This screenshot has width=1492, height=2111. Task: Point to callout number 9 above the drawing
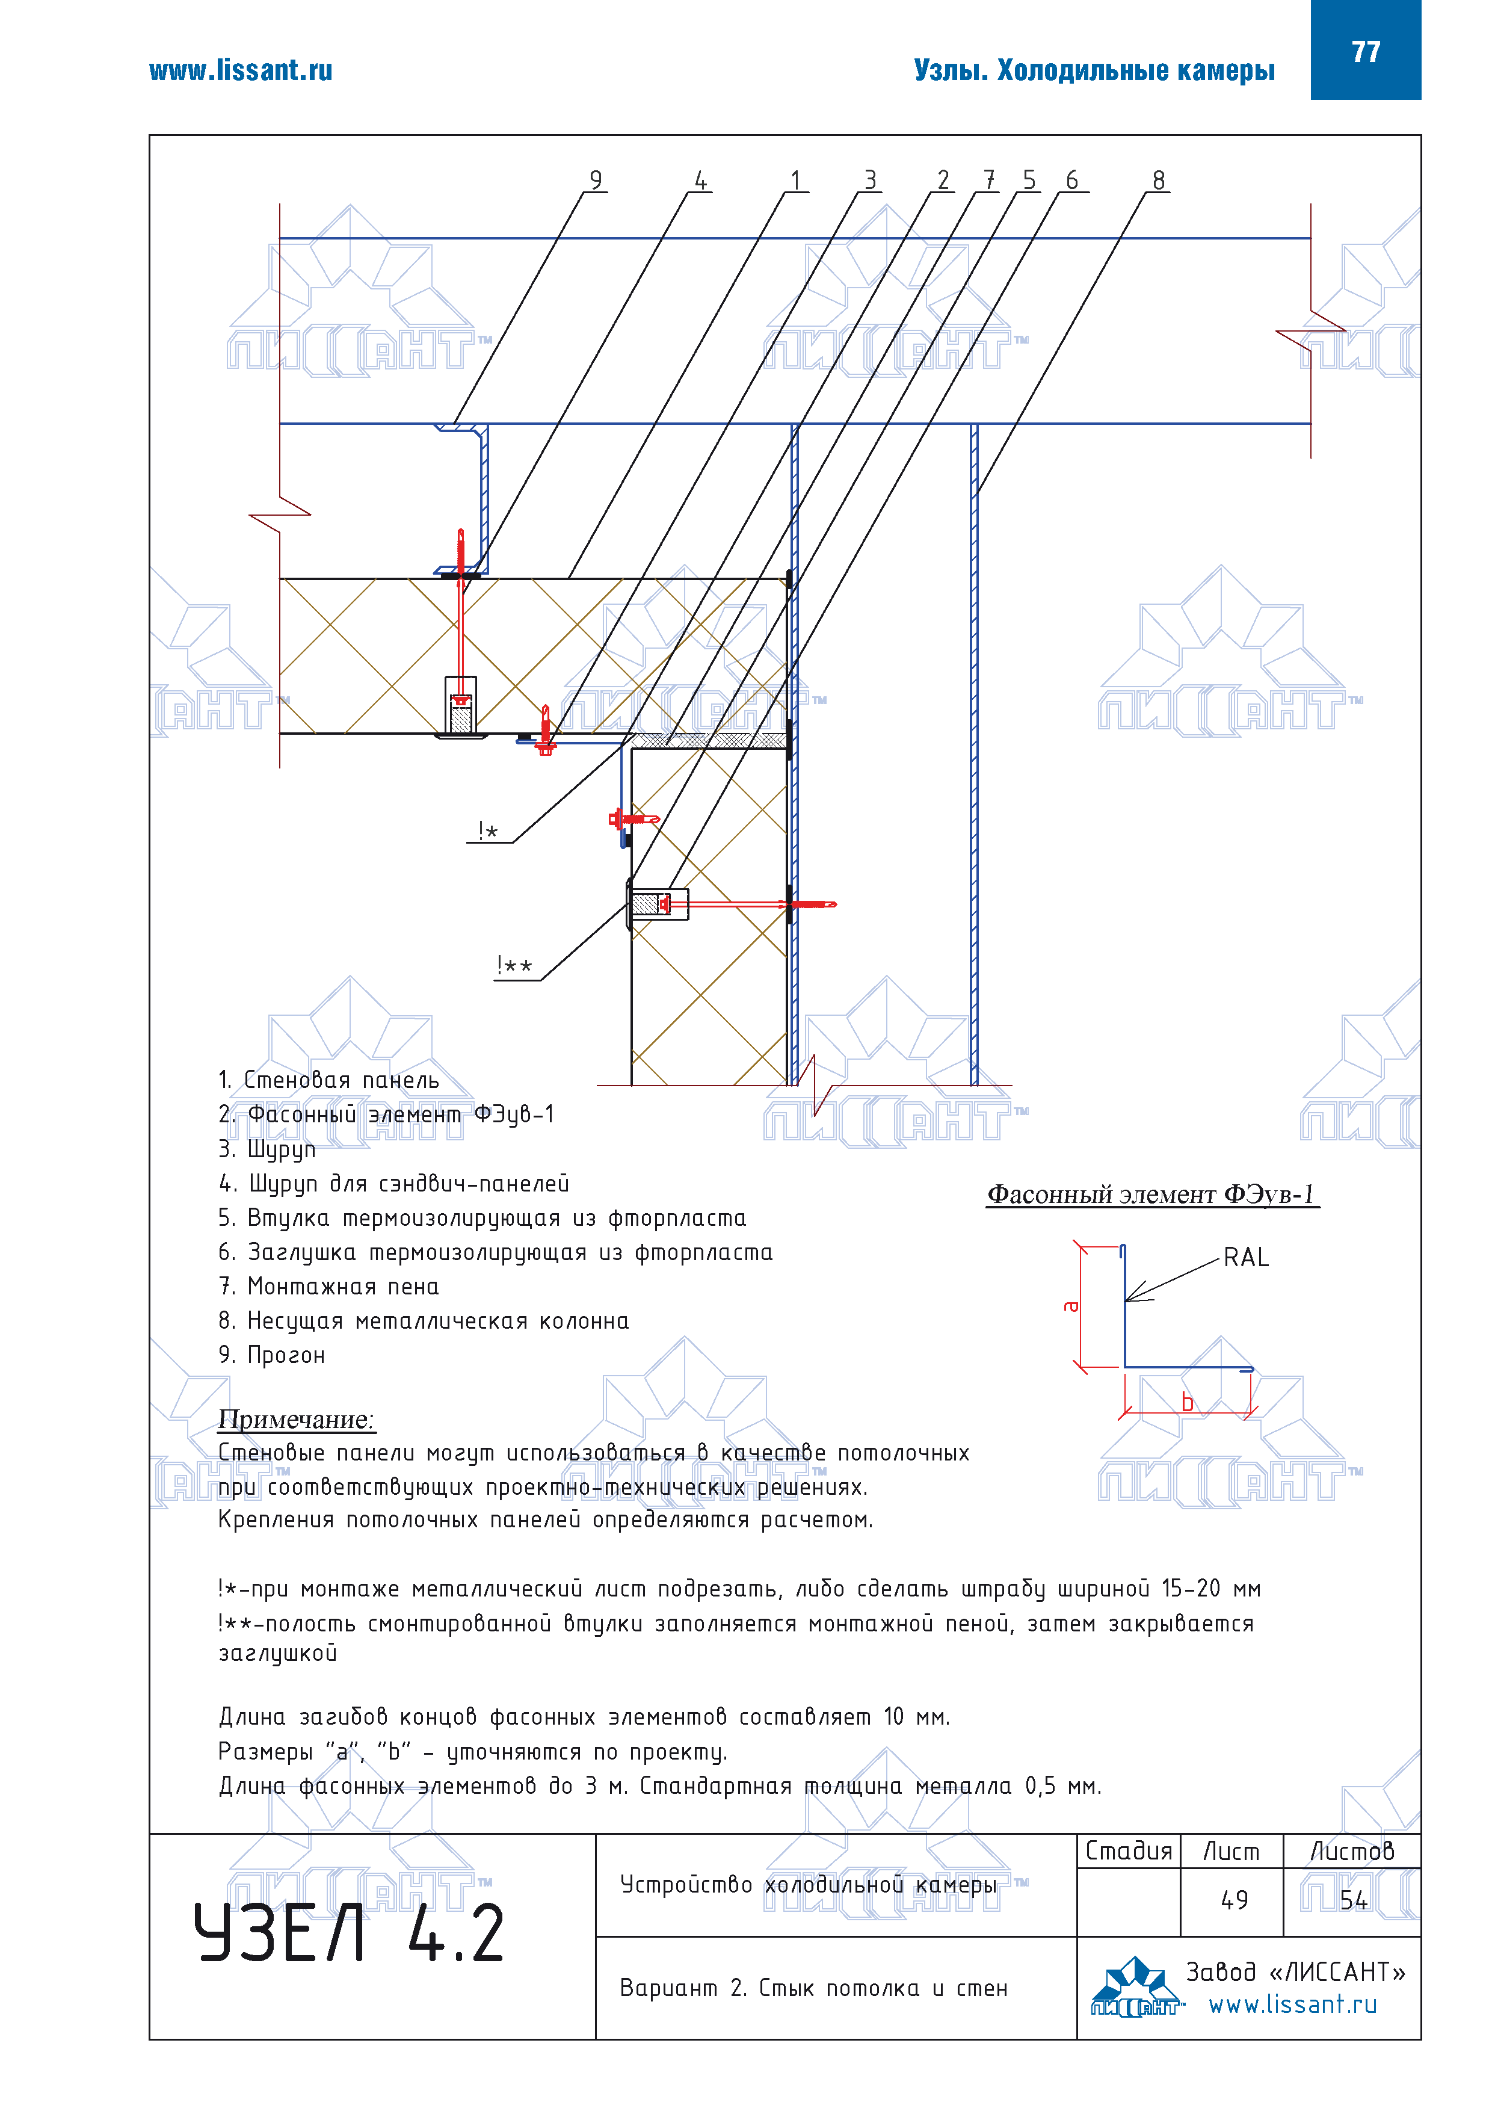pyautogui.click(x=596, y=180)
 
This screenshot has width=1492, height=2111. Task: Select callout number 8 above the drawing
pyautogui.click(x=1158, y=180)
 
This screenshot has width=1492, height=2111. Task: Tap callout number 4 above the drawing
pyautogui.click(x=700, y=180)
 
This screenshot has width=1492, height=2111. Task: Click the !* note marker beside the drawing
pyautogui.click(x=487, y=831)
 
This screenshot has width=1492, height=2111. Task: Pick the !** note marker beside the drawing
pyautogui.click(x=514, y=965)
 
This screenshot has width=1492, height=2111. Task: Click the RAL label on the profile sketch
pyautogui.click(x=1245, y=1257)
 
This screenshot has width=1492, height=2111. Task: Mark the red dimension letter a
pyautogui.click(x=1070, y=1306)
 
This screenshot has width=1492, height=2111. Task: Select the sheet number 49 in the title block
pyautogui.click(x=1234, y=1900)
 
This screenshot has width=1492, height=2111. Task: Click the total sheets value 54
pyautogui.click(x=1353, y=1900)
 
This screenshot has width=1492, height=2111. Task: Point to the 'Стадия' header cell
pyautogui.click(x=1129, y=1851)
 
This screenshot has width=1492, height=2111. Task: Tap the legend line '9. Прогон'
pyautogui.click(x=272, y=1355)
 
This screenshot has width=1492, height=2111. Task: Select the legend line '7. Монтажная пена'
pyautogui.click(x=329, y=1286)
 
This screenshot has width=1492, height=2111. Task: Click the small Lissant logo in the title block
pyautogui.click(x=1136, y=1988)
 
